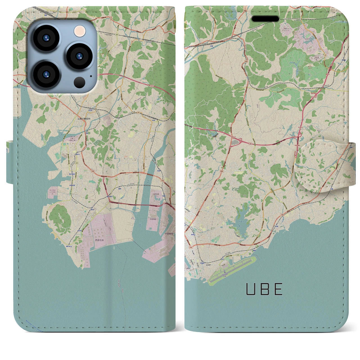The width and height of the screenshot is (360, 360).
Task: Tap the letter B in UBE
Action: pyautogui.click(x=264, y=289)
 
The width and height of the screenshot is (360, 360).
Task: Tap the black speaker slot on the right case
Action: pyautogui.click(x=265, y=19)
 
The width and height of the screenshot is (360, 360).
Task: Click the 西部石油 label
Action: pyautogui.click(x=99, y=240)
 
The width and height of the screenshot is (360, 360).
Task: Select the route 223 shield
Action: pyautogui.click(x=76, y=163)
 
